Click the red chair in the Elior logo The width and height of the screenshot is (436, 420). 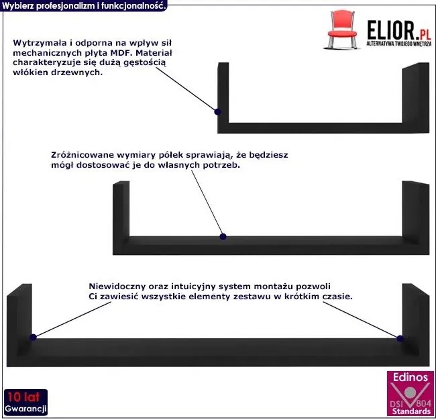342,30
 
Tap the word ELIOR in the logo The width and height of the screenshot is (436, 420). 391,30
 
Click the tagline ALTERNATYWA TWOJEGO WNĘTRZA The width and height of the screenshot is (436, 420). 399,44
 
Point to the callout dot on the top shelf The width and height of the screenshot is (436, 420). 217,112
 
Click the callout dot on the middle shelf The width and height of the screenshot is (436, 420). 223,237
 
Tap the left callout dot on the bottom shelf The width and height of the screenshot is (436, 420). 33,337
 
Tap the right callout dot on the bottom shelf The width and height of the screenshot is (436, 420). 400,339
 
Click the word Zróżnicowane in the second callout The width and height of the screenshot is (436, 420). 82,155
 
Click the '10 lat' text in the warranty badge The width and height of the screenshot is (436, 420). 24,397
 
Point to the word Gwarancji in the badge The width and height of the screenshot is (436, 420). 25,409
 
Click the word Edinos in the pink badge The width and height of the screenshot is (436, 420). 410,378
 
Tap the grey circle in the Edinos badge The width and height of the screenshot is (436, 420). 410,392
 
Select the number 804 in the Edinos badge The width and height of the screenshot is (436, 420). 423,404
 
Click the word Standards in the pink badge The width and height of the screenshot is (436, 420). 411,411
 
